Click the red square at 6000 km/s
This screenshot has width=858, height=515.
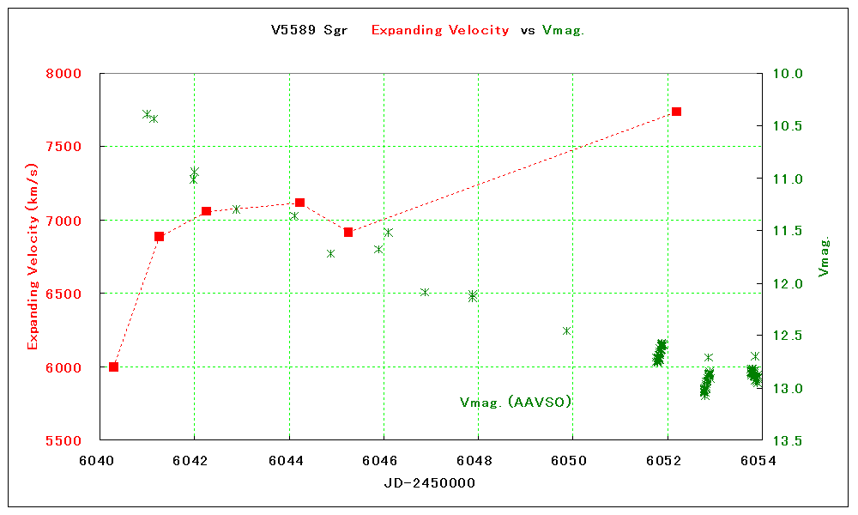[x=113, y=367]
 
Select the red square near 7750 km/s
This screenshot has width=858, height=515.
[x=676, y=112]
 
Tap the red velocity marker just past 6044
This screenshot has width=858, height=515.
[x=299, y=203]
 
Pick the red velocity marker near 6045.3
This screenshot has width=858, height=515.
[x=348, y=232]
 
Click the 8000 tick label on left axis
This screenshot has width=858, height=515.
[x=63, y=74]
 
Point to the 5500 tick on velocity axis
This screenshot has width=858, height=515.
[x=63, y=440]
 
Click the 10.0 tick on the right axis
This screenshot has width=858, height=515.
[x=788, y=74]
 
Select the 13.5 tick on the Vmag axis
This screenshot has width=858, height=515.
[x=788, y=440]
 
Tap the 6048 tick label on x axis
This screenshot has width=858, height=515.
[x=478, y=459]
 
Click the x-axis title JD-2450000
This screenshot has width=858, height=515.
[x=429, y=483]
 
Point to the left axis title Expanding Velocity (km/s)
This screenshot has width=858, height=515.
[x=33, y=257]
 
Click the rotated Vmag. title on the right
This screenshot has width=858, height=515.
[x=825, y=257]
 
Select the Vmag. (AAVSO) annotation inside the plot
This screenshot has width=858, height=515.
[x=516, y=402]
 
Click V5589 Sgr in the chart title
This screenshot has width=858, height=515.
[x=309, y=30]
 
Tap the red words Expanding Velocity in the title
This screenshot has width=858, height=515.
[x=440, y=30]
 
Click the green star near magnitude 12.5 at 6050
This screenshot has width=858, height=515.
[x=566, y=330]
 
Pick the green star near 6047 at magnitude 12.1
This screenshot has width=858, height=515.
[x=424, y=292]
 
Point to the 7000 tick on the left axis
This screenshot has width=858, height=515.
[x=63, y=221]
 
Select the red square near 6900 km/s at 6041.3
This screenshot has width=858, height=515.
[x=159, y=236]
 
